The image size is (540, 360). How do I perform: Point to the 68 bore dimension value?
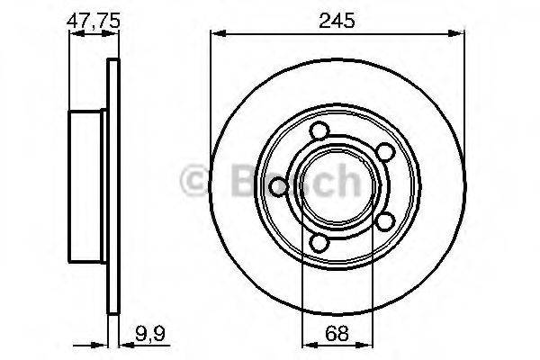click(x=338, y=332)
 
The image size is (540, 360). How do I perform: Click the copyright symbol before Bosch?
click(x=195, y=184)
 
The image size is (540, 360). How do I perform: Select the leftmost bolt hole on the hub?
click(x=278, y=186)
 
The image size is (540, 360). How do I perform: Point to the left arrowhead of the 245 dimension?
click(x=216, y=34)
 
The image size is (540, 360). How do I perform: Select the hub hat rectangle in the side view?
click(x=88, y=187)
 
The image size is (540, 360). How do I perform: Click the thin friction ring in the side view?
click(x=112, y=187)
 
